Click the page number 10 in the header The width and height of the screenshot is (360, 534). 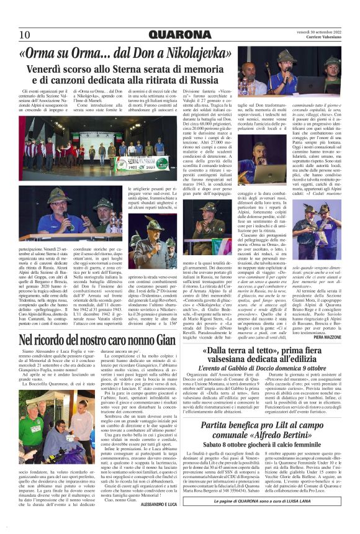coord(24,34)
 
